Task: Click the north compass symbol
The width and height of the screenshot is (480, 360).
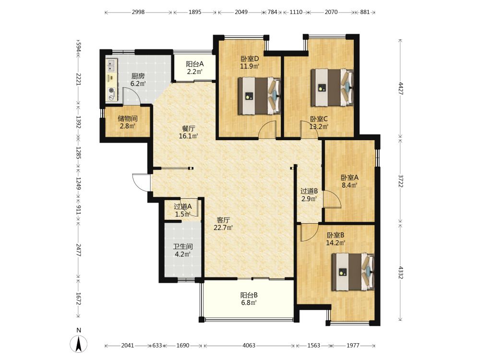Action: (79, 344)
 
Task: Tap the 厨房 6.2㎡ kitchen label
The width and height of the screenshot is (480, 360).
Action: (138, 80)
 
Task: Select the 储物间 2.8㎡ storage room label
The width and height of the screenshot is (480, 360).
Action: (128, 122)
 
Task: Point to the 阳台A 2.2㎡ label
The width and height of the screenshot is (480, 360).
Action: (195, 68)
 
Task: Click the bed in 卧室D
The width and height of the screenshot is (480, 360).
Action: (260, 96)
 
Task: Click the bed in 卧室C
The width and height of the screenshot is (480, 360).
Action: (332, 87)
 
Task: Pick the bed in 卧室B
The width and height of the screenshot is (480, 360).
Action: (353, 272)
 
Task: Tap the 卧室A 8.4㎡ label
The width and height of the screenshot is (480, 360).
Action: (349, 181)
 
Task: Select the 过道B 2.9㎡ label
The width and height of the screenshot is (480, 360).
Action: (309, 195)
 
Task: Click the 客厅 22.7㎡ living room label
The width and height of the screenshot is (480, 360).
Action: (223, 224)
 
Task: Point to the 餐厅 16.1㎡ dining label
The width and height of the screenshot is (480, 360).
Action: (188, 132)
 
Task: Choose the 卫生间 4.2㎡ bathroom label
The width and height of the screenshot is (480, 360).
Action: (183, 250)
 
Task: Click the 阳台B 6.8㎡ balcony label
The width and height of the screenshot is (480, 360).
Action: (249, 299)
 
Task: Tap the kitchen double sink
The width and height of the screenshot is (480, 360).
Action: (111, 65)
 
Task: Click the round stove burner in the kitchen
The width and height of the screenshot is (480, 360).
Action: (111, 91)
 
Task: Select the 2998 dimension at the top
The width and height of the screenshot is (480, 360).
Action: (138, 12)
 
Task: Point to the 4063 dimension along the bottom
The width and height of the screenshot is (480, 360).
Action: (249, 345)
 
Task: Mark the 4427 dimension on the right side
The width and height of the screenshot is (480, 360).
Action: (401, 88)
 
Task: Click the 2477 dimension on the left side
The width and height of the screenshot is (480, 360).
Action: (78, 250)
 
